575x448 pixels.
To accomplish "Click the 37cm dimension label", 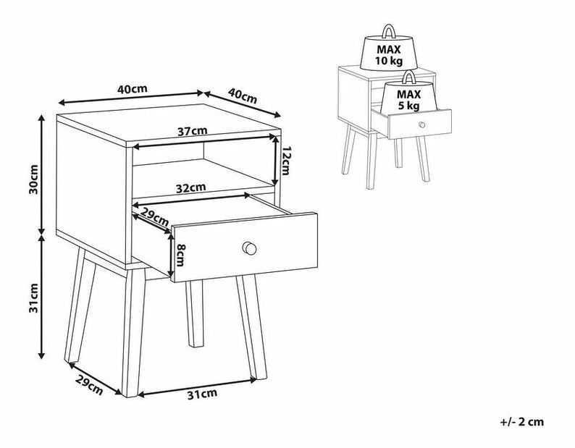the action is point(193,131).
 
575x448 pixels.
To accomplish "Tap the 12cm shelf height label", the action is point(285,161).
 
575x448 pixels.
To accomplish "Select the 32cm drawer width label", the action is point(190,188).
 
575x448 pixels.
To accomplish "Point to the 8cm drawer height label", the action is point(180,255).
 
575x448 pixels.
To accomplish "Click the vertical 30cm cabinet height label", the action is point(33,179).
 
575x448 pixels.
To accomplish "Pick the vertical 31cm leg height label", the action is point(33,297).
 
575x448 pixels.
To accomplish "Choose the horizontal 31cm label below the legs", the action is point(202,394).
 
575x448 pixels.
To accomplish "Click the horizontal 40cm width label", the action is point(133,89).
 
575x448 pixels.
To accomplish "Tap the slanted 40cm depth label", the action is point(243,96).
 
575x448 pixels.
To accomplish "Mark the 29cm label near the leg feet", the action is point(89,385).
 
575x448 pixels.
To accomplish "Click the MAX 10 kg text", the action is point(389,54).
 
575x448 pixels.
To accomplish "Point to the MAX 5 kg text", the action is point(409,100).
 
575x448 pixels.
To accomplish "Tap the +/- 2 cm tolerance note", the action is point(522,422).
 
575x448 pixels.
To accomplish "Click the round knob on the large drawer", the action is point(249,248).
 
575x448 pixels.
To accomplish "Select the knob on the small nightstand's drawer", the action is point(421,124).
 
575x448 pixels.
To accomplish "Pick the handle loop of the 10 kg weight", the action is point(388,31).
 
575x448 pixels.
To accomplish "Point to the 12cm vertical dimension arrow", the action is point(275,160).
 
